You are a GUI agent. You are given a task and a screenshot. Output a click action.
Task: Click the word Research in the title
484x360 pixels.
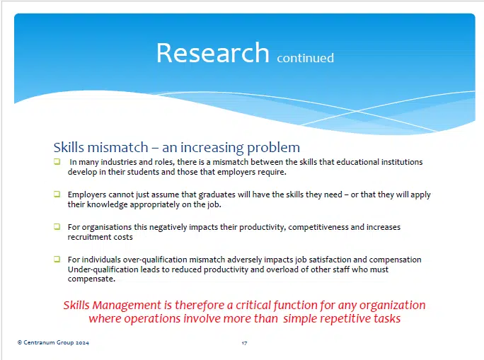click(212, 53)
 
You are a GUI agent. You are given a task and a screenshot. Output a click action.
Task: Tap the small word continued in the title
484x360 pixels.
click(305, 58)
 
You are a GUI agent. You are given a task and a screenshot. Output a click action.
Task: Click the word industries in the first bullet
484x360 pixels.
click(116, 162)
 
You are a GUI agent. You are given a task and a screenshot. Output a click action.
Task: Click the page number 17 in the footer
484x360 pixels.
click(244, 343)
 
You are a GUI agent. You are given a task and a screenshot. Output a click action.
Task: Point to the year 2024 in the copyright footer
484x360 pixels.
click(81, 343)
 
